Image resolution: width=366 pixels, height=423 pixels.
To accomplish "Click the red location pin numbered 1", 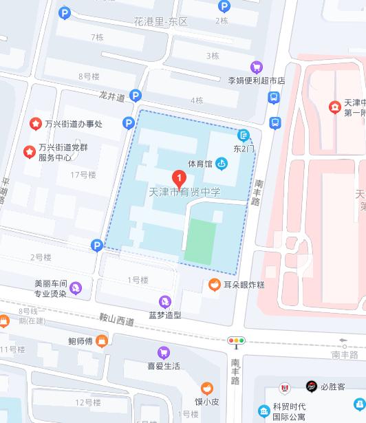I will [x=180, y=180].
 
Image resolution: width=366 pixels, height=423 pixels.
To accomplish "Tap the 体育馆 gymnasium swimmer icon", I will [x=221, y=164].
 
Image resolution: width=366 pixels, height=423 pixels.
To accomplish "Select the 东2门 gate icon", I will [x=244, y=135].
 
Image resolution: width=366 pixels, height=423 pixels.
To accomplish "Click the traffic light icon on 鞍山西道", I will [x=237, y=340].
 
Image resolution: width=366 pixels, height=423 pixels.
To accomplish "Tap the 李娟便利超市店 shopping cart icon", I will [x=257, y=67].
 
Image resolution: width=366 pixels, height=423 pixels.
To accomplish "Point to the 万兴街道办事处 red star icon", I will [x=34, y=124].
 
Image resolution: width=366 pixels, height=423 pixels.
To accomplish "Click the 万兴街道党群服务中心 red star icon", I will [x=29, y=151].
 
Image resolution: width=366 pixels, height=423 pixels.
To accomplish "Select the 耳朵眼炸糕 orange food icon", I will [x=215, y=284].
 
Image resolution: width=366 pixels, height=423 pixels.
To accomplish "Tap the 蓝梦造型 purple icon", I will [x=165, y=301].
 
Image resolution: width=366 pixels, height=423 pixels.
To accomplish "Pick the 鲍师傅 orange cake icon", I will [x=102, y=340].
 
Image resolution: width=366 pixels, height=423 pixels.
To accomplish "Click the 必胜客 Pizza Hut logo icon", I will [x=312, y=387].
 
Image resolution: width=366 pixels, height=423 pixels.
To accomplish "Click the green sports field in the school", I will [x=204, y=241].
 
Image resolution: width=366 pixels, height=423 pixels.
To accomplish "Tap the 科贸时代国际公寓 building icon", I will [x=263, y=411].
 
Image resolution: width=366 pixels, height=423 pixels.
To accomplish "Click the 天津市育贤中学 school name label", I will [x=184, y=193].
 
